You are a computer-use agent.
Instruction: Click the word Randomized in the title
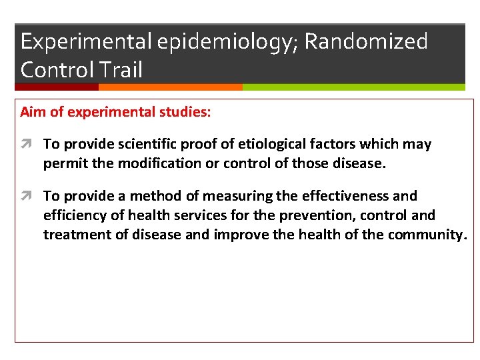pyautogui.click(x=365, y=41)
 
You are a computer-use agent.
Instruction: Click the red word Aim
pyautogui.click(x=33, y=112)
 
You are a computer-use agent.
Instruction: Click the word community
pyautogui.click(x=428, y=235)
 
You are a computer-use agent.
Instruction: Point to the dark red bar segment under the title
pyautogui.click(x=57, y=87)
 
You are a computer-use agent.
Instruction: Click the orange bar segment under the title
pyautogui.click(x=170, y=87)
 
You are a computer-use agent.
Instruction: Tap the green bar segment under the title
pyautogui.click(x=353, y=87)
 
